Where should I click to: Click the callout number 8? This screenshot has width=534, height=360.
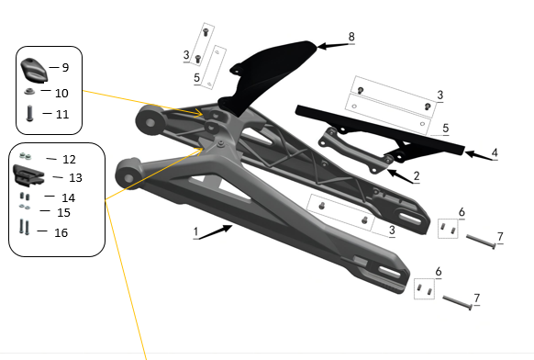tap(350, 37)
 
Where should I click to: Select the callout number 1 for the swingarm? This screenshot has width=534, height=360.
tap(195, 233)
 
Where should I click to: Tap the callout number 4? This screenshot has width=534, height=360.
tap(495, 152)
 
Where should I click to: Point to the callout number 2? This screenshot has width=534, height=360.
tap(417, 175)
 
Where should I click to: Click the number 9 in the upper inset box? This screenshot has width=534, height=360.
tap(64, 67)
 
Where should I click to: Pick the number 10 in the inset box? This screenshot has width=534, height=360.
tap(61, 93)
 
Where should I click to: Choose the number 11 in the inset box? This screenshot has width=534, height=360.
tap(61, 114)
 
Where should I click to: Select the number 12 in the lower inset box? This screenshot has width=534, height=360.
tap(69, 159)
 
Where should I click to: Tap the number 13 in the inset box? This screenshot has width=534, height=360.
tap(75, 177)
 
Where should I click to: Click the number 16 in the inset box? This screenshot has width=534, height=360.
tap(61, 232)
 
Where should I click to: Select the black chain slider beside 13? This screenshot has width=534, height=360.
tap(30, 174)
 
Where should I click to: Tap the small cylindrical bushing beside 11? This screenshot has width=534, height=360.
tap(30, 114)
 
